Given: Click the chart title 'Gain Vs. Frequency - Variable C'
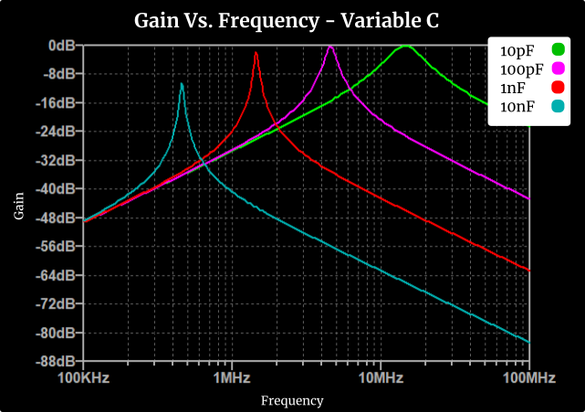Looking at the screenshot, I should tap(287, 19).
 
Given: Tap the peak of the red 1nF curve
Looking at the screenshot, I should tap(256, 54).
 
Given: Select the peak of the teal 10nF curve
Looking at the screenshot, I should tap(182, 84).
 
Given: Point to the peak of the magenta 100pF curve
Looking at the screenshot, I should tap(330, 47).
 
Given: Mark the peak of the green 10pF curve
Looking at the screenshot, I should tap(406, 46).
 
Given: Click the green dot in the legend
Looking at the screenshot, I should tap(559, 49).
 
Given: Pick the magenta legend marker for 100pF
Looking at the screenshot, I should tap(559, 69).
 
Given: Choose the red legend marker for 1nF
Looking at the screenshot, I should tap(559, 88).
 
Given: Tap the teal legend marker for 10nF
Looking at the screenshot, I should tap(559, 107).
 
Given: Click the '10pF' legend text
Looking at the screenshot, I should tap(517, 49).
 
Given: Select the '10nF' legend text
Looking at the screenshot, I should tap(517, 107).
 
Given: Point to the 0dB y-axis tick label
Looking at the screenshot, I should tap(61, 45).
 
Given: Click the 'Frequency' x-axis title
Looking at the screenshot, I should tap(292, 400).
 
